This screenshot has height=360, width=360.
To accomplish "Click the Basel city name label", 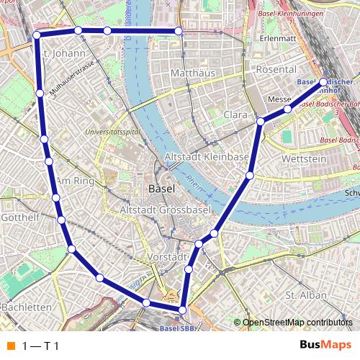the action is [161, 189].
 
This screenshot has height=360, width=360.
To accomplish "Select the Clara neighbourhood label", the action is [235, 114].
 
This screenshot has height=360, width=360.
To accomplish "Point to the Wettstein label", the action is [305, 158].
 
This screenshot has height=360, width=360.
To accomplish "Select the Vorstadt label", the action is [166, 257].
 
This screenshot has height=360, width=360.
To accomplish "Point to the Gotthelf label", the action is [19, 217].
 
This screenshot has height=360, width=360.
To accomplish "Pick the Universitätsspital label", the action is [112, 132].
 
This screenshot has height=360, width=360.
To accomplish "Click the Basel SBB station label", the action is [176, 328].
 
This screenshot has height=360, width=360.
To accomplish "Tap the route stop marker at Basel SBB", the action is [182, 310].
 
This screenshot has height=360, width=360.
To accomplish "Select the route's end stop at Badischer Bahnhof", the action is [323, 82].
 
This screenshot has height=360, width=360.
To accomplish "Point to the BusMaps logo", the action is [325, 346].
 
